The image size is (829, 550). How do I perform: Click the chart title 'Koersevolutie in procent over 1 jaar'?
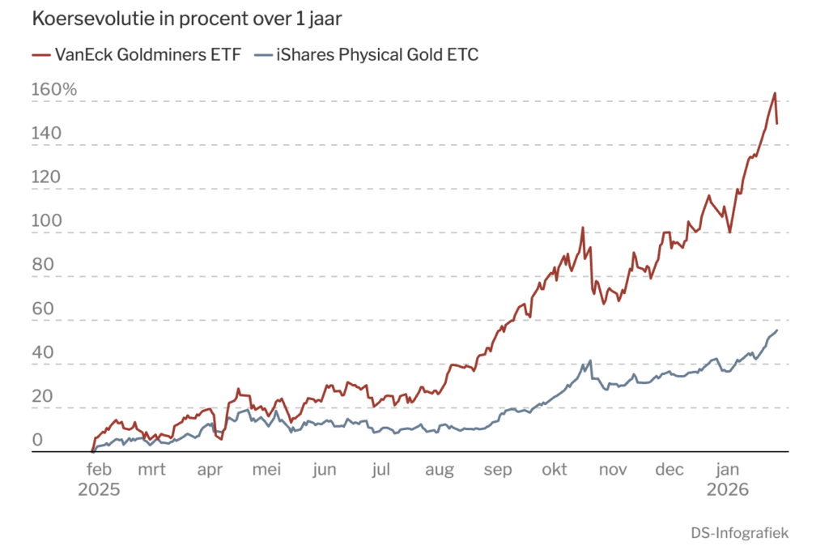pos(187,19)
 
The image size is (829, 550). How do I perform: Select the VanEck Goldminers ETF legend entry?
pos(136,54)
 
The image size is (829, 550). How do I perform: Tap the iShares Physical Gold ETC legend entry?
pos(366,54)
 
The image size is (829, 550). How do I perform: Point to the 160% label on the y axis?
pos(54,89)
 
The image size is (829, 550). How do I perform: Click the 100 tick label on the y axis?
pos(46,220)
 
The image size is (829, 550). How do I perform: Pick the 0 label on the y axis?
pos(37,440)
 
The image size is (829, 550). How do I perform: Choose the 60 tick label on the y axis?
pos(42,309)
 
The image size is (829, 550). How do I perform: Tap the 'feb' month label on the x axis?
pos(99,469)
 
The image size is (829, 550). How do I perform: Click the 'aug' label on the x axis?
pos(440,470)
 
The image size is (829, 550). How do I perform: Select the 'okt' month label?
pos(554,469)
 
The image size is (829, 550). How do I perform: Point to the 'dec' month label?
pos(670,469)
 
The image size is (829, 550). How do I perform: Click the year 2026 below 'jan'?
pos(728,490)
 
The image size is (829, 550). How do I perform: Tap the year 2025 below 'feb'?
pos(99,490)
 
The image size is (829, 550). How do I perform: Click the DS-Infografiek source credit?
pos(740,533)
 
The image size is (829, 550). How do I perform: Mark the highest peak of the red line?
pos(775,93)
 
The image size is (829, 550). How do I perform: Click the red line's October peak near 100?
pos(583,228)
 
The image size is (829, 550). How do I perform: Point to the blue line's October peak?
pos(590,360)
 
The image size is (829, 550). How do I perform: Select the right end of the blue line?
pos(777,330)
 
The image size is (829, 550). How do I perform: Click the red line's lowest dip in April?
pos(222,440)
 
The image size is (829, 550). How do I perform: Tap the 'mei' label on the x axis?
pos(266,469)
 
